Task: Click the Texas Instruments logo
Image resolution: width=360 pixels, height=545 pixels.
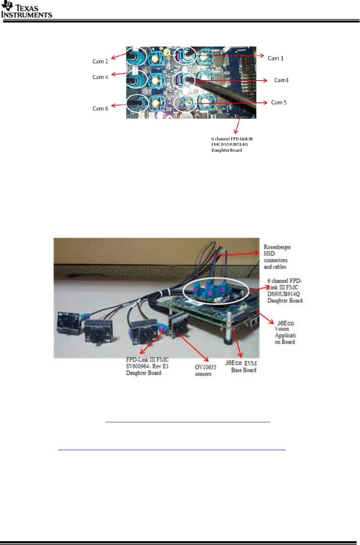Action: pos(26,10)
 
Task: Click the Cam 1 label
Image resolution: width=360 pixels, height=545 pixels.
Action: pos(275,58)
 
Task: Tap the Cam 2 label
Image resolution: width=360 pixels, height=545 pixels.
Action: pos(100,61)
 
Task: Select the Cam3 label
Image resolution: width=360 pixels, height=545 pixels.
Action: pos(281,80)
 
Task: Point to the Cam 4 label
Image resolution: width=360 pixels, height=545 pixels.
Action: pos(100,77)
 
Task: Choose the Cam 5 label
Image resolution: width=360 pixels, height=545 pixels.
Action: pos(279,102)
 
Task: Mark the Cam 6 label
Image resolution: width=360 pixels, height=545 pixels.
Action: pos(100,109)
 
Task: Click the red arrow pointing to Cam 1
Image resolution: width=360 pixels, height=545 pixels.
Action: pos(232,56)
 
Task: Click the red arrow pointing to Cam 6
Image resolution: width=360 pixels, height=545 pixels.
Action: pos(119,105)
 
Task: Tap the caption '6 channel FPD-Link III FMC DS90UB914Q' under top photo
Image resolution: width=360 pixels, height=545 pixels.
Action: pos(232,144)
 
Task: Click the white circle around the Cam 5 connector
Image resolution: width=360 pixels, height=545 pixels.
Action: pos(185,103)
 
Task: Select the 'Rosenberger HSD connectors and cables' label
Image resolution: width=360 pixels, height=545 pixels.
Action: pos(277,257)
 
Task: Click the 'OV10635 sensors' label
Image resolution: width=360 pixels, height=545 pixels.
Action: pos(205,370)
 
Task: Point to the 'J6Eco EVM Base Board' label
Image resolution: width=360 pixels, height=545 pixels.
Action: pos(241,366)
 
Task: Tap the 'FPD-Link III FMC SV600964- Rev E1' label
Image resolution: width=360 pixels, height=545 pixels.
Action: pos(147,366)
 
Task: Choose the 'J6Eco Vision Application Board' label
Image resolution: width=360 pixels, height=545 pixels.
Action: pos(285,332)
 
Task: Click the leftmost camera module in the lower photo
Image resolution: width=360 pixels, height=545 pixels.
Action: pos(68,323)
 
